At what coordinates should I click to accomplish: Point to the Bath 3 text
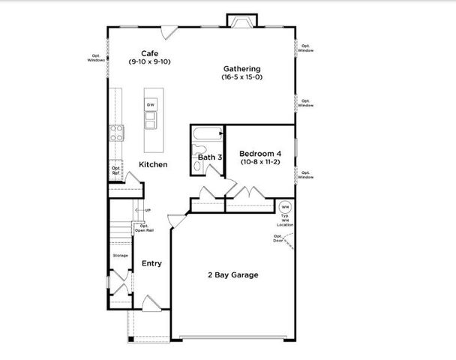(x=210, y=157)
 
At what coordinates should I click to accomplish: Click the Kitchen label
(x=152, y=164)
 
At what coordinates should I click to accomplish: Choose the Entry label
(x=151, y=263)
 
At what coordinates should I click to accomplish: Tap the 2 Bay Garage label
(x=232, y=275)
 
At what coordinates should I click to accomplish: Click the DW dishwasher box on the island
(x=150, y=104)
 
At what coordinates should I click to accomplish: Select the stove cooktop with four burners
(x=118, y=133)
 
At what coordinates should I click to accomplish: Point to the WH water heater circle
(x=284, y=207)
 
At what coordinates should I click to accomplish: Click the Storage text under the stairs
(x=120, y=256)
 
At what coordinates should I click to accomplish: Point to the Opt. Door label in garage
(x=278, y=238)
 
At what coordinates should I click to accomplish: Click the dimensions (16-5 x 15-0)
(x=241, y=77)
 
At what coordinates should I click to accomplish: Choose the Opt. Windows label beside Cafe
(x=96, y=58)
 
